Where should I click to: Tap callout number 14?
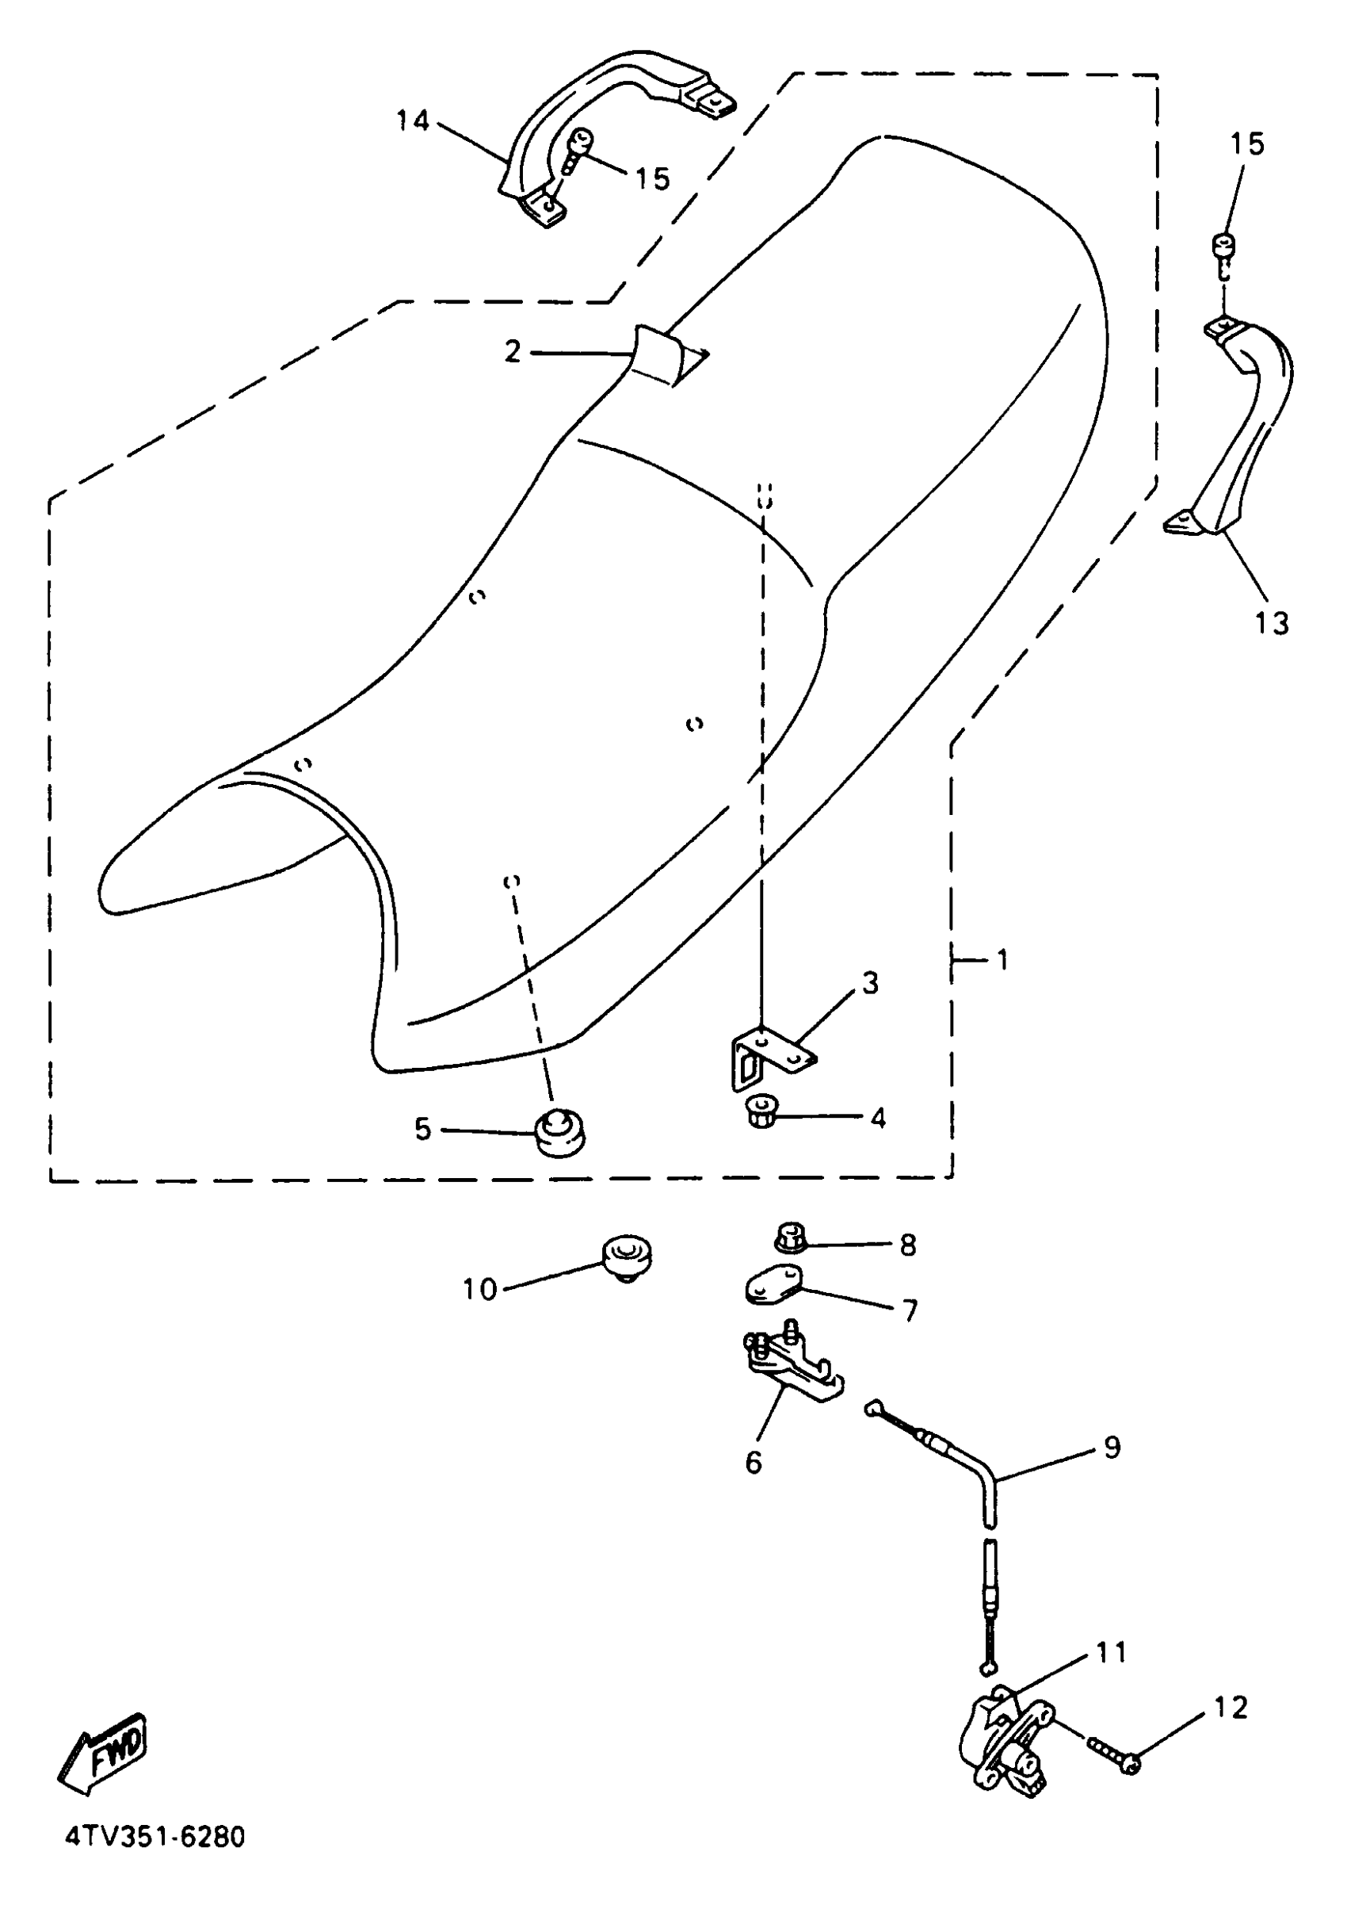(412, 121)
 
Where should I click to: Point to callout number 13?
(1272, 623)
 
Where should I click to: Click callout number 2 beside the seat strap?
(513, 352)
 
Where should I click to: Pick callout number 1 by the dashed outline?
(1002, 960)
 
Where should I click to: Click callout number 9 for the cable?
(1112, 1447)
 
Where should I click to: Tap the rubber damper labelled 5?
(559, 1130)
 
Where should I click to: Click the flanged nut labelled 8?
(790, 1239)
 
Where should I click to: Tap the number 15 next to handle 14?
(651, 178)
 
